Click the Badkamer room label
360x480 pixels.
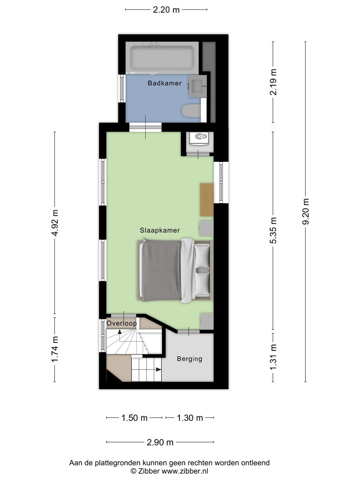[165, 83]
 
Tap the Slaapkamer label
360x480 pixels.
[160, 230]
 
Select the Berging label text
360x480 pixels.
[190, 359]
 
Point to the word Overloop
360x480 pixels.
[121, 323]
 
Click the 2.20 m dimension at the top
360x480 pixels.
[166, 10]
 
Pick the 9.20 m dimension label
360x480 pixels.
[305, 211]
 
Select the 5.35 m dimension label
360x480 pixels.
[273, 230]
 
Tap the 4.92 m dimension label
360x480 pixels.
[55, 223]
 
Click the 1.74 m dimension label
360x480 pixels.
[55, 349]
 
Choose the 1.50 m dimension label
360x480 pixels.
[134, 418]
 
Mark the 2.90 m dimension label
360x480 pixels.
[160, 442]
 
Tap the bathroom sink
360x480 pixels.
[197, 86]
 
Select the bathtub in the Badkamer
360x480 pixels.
[162, 58]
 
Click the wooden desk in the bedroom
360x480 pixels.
[207, 200]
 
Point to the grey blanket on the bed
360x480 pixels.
[161, 270]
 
